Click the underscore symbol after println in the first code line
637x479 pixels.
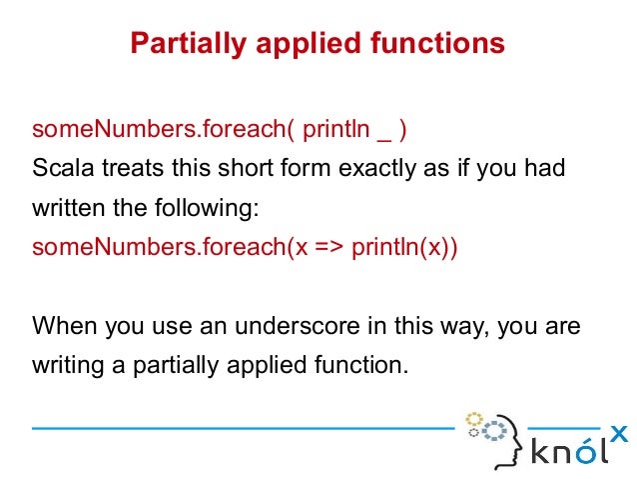[x=381, y=134]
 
